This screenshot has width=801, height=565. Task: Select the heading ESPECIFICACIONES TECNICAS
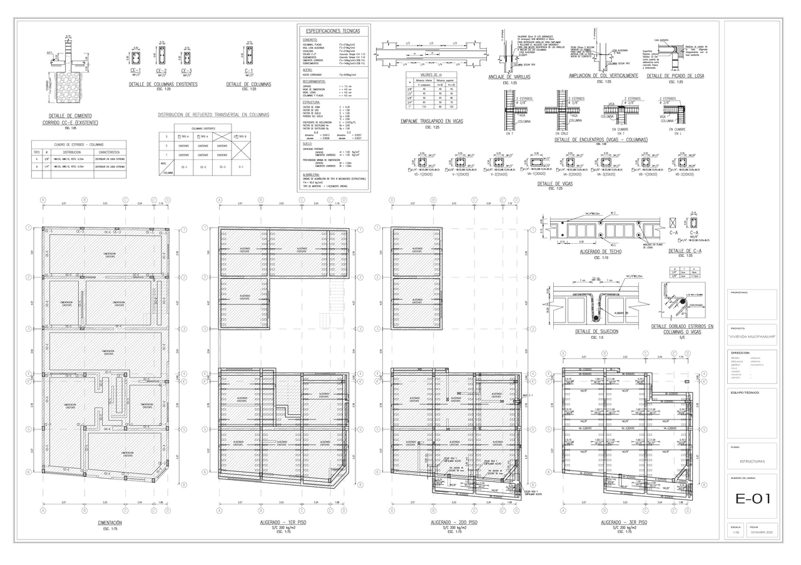(333, 30)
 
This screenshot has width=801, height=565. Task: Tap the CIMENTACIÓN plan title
(110, 522)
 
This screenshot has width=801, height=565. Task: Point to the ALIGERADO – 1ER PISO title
(283, 522)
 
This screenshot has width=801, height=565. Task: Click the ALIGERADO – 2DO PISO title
(454, 522)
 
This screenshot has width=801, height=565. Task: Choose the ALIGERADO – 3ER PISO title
(624, 522)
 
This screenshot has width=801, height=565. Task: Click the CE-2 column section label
(161, 71)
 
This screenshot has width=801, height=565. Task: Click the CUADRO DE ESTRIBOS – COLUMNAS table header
(79, 144)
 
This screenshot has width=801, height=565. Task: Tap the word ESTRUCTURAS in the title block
(752, 461)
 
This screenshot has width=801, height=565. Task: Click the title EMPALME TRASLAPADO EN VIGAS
(432, 121)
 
